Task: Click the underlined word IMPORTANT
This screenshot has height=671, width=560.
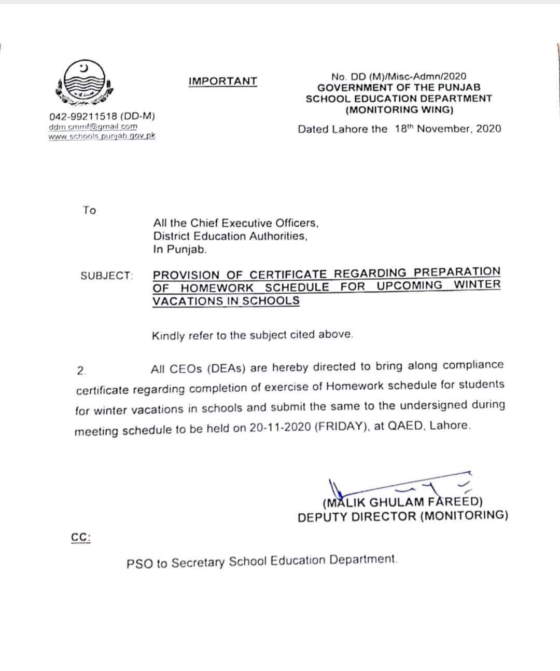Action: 222,81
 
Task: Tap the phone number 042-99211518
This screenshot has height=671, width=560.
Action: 83,117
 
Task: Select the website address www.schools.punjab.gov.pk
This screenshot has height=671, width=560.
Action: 102,136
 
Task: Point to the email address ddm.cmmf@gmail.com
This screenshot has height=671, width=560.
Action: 93,126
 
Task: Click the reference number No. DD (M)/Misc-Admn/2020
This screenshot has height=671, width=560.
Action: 399,76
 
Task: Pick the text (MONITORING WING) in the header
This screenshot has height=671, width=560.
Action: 399,109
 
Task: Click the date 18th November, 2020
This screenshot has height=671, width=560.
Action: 447,129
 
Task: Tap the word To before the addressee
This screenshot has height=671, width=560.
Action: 89,210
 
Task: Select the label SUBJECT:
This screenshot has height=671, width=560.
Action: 107,276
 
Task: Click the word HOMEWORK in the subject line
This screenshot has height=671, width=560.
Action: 217,287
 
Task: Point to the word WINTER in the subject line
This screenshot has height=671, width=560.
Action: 477,284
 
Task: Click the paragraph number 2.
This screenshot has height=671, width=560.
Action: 81,371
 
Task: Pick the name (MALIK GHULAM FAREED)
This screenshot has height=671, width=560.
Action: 402,502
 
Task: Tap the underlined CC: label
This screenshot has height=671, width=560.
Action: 80,538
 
